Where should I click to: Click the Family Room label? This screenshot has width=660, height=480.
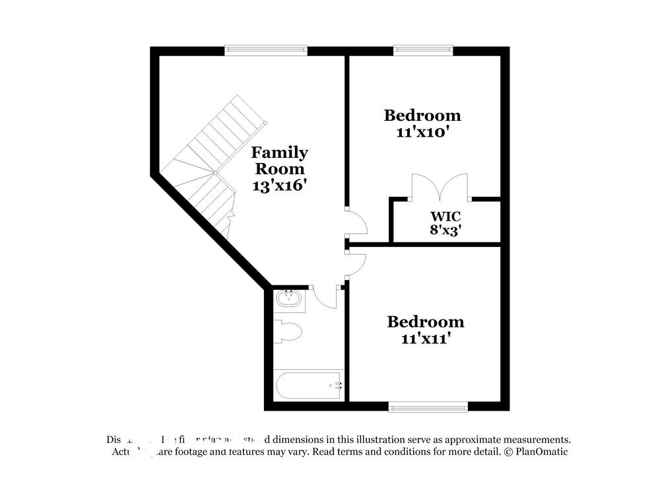point(279,160)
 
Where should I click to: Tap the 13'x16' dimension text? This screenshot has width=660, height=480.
point(279,186)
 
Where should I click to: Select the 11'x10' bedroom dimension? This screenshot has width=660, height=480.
point(422,132)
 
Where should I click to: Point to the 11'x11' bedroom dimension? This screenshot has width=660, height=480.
point(425,339)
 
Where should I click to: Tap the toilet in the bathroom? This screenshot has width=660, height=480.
point(288,331)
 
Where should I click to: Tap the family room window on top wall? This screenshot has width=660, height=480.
point(266,49)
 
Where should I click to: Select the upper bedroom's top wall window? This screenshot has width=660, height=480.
point(423,49)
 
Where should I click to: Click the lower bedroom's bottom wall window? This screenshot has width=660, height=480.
point(428,407)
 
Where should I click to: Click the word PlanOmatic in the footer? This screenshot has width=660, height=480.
point(541,452)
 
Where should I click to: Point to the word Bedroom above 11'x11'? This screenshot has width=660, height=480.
point(425,322)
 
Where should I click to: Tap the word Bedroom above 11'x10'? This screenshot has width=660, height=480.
point(422,116)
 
